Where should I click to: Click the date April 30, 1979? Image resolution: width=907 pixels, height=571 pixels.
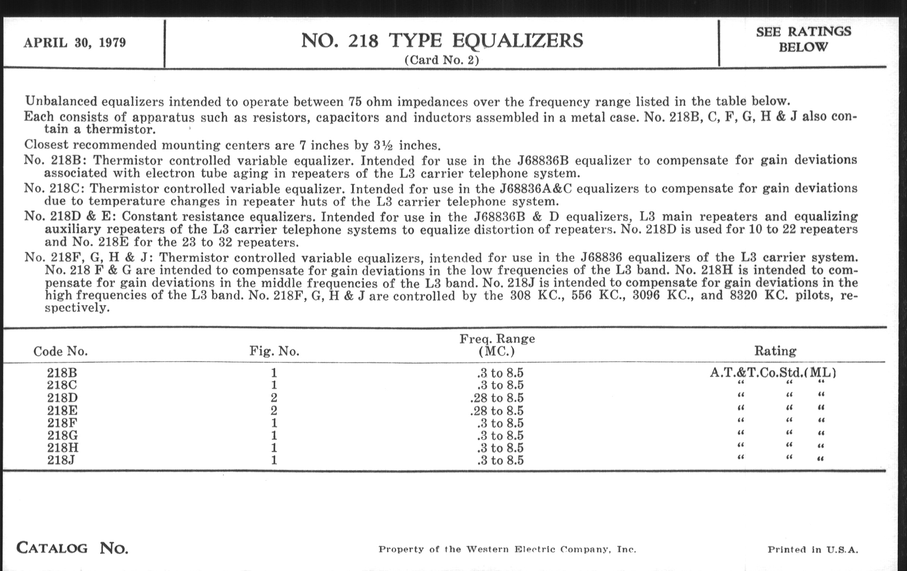pyautogui.click(x=75, y=43)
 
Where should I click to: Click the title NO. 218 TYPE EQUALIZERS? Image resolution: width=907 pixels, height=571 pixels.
pyautogui.click(x=442, y=41)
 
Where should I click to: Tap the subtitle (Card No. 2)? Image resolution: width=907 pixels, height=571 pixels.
pyautogui.click(x=442, y=60)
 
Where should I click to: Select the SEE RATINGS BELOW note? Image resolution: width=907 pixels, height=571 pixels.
pyautogui.click(x=803, y=39)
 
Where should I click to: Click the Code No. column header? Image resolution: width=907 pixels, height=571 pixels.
pyautogui.click(x=61, y=351)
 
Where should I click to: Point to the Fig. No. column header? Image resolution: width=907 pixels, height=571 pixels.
pyautogui.click(x=274, y=351)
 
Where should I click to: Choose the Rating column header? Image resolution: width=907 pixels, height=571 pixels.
pyautogui.click(x=775, y=351)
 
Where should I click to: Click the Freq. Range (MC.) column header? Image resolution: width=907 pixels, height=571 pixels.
pyautogui.click(x=497, y=345)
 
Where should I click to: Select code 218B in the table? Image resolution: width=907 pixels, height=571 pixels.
pyautogui.click(x=62, y=373)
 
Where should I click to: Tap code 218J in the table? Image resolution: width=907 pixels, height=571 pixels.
pyautogui.click(x=61, y=460)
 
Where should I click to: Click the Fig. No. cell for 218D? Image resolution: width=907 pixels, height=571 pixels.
pyautogui.click(x=274, y=397)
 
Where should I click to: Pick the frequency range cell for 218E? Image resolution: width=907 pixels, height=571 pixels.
pyautogui.click(x=497, y=411)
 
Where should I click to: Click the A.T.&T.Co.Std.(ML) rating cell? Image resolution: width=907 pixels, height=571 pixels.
pyautogui.click(x=773, y=373)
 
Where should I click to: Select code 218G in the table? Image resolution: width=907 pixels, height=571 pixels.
pyautogui.click(x=63, y=435)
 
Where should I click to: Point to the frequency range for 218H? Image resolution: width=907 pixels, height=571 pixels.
pyautogui.click(x=500, y=448)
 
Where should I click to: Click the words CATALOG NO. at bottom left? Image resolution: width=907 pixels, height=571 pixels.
pyautogui.click(x=72, y=548)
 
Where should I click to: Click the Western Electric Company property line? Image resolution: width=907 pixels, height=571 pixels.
pyautogui.click(x=507, y=549)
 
